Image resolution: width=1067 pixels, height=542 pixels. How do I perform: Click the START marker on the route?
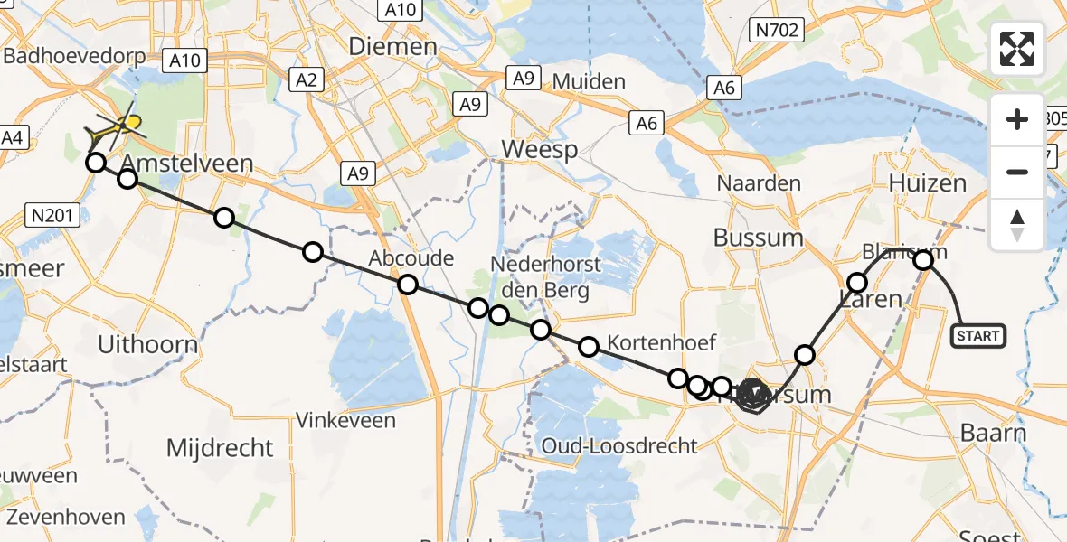click(977, 336)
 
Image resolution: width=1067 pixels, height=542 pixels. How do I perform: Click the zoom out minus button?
click(1017, 172)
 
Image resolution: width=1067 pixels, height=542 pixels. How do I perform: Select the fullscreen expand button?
click(1017, 50)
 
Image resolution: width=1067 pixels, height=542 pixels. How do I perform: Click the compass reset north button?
click(1017, 224)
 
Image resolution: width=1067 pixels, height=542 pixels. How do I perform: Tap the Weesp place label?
click(540, 149)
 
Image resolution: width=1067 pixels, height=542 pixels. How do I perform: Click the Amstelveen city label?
click(186, 164)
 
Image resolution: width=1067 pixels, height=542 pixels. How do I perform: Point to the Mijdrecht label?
click(220, 447)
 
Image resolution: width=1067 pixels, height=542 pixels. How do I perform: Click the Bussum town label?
click(758, 238)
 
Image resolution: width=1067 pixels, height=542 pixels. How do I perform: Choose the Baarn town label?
click(993, 433)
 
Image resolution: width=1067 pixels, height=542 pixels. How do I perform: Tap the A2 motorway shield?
click(308, 80)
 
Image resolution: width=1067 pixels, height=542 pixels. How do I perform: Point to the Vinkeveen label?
click(347, 421)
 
